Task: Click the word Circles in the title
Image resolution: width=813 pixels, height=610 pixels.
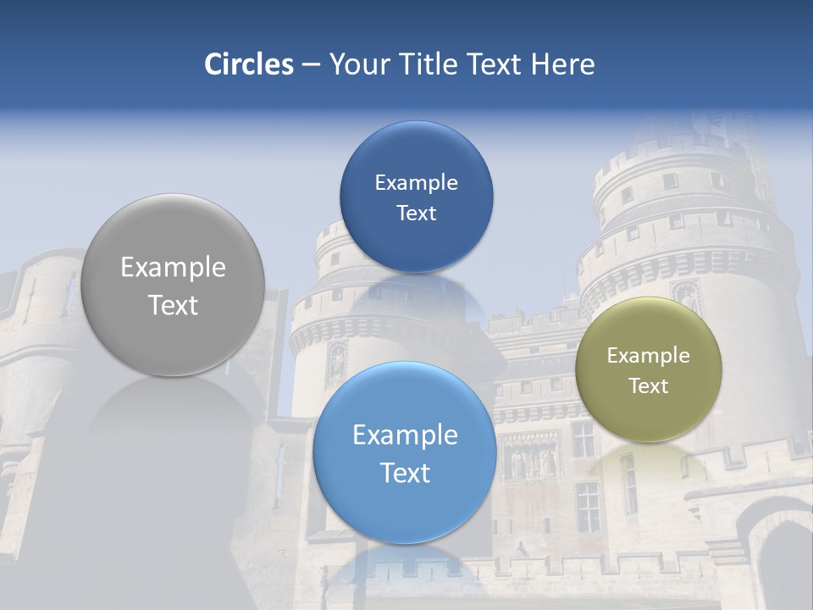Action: pos(249,64)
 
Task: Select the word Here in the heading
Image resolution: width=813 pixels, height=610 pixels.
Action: pos(562,64)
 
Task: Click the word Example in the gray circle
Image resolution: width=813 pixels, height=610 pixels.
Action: pos(173,268)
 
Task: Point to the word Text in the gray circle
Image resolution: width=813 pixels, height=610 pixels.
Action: pos(173,305)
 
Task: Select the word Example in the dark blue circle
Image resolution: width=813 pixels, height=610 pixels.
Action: pos(416,183)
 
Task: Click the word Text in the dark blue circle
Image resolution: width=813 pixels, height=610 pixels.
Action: pos(416,213)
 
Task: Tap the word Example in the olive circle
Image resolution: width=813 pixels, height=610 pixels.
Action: pos(648,356)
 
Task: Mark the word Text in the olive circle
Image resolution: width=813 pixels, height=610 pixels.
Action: pos(648,386)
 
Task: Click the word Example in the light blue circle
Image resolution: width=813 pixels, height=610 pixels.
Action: pos(405,435)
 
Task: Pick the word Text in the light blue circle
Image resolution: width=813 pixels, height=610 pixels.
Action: pos(405,473)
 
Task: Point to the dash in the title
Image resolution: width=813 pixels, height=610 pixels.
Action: pos(311,65)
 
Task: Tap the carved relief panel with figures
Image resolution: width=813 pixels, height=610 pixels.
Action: pos(531,457)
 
